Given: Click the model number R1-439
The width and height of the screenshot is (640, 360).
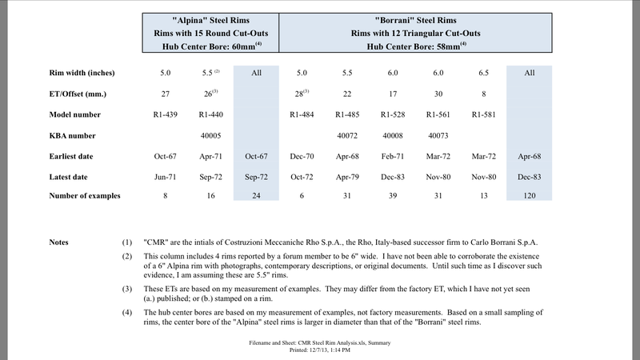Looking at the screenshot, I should point(165,114).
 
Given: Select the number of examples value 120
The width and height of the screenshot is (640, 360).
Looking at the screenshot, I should point(528,196).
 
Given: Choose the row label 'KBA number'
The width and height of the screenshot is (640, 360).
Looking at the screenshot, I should point(74,135).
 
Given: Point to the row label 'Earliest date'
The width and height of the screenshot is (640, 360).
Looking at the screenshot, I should point(74,156).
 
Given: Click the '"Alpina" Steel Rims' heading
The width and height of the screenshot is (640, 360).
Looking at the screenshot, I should point(211,18).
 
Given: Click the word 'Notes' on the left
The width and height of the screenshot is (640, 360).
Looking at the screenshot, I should point(59,241).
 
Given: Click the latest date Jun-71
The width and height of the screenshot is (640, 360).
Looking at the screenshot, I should point(165,176).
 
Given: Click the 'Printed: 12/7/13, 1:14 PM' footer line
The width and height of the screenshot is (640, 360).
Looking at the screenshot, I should point(320,348).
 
